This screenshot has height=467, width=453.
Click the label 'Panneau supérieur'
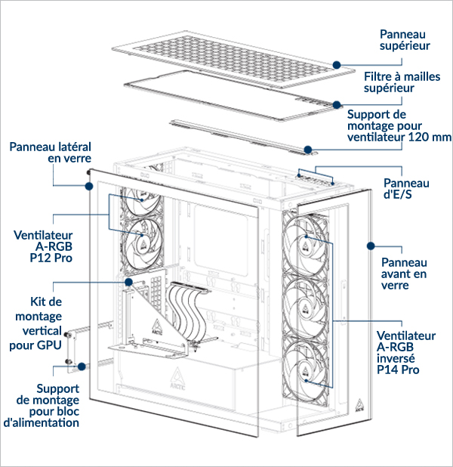point(405,40)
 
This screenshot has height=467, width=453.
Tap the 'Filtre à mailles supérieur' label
point(402,82)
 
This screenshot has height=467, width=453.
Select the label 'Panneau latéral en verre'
point(51,153)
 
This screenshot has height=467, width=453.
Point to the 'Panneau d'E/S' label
point(406,188)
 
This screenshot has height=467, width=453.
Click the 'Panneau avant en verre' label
point(404,274)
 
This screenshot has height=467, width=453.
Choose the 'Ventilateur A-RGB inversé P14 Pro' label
point(406,353)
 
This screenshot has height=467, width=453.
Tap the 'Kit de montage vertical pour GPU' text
point(35,323)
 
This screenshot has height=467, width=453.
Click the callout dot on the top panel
point(337,65)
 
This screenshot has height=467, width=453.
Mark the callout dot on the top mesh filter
point(337,105)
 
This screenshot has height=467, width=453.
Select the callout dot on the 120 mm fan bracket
point(308,150)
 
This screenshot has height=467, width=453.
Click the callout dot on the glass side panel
point(89,187)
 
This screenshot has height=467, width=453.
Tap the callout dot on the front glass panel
point(371,246)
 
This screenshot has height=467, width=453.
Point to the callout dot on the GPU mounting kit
point(128,282)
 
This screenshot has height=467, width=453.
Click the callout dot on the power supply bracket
point(82,366)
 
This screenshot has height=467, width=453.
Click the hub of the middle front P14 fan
point(305,308)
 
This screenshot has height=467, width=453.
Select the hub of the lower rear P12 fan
point(143,245)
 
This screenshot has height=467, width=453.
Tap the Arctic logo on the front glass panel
point(359,406)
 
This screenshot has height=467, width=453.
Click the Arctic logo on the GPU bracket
point(157,327)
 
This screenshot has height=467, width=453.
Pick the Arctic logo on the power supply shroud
point(177,379)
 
